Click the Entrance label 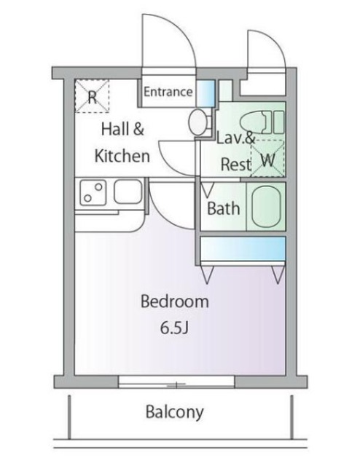click(x=168, y=92)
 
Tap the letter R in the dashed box click(x=93, y=97)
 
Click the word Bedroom click(x=175, y=301)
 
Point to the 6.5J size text click(x=175, y=328)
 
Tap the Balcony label click(x=175, y=412)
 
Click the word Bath click(x=224, y=208)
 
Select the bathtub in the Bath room click(x=266, y=207)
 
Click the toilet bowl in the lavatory click(x=255, y=122)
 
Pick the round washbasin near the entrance click(x=197, y=122)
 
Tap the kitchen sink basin click(x=128, y=191)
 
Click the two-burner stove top click(x=93, y=192)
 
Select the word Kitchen click(x=122, y=156)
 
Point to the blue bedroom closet click(x=243, y=248)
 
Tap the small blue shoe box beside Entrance click(x=205, y=92)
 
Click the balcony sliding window click(x=176, y=382)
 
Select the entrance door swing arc click(x=184, y=30)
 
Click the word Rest click(x=236, y=165)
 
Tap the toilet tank click(x=278, y=122)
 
